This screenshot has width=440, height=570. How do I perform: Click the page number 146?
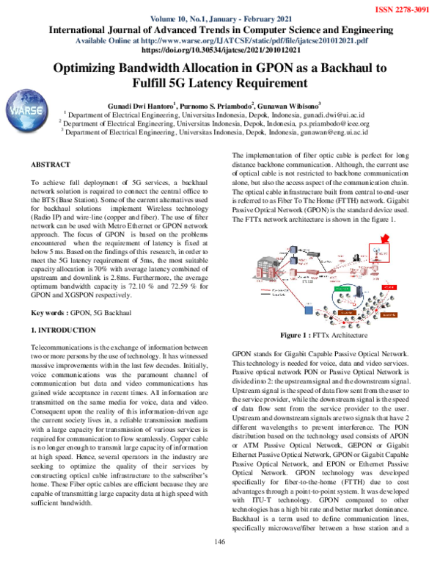pyautogui.click(x=219, y=563)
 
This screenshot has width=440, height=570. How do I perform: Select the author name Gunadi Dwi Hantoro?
pyautogui.click(x=138, y=105)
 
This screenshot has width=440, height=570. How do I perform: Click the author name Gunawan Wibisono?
pyautogui.click(x=300, y=105)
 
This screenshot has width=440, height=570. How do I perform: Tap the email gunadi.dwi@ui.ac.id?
pyautogui.click(x=336, y=115)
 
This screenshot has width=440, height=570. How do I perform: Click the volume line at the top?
pyautogui.click(x=219, y=18)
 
